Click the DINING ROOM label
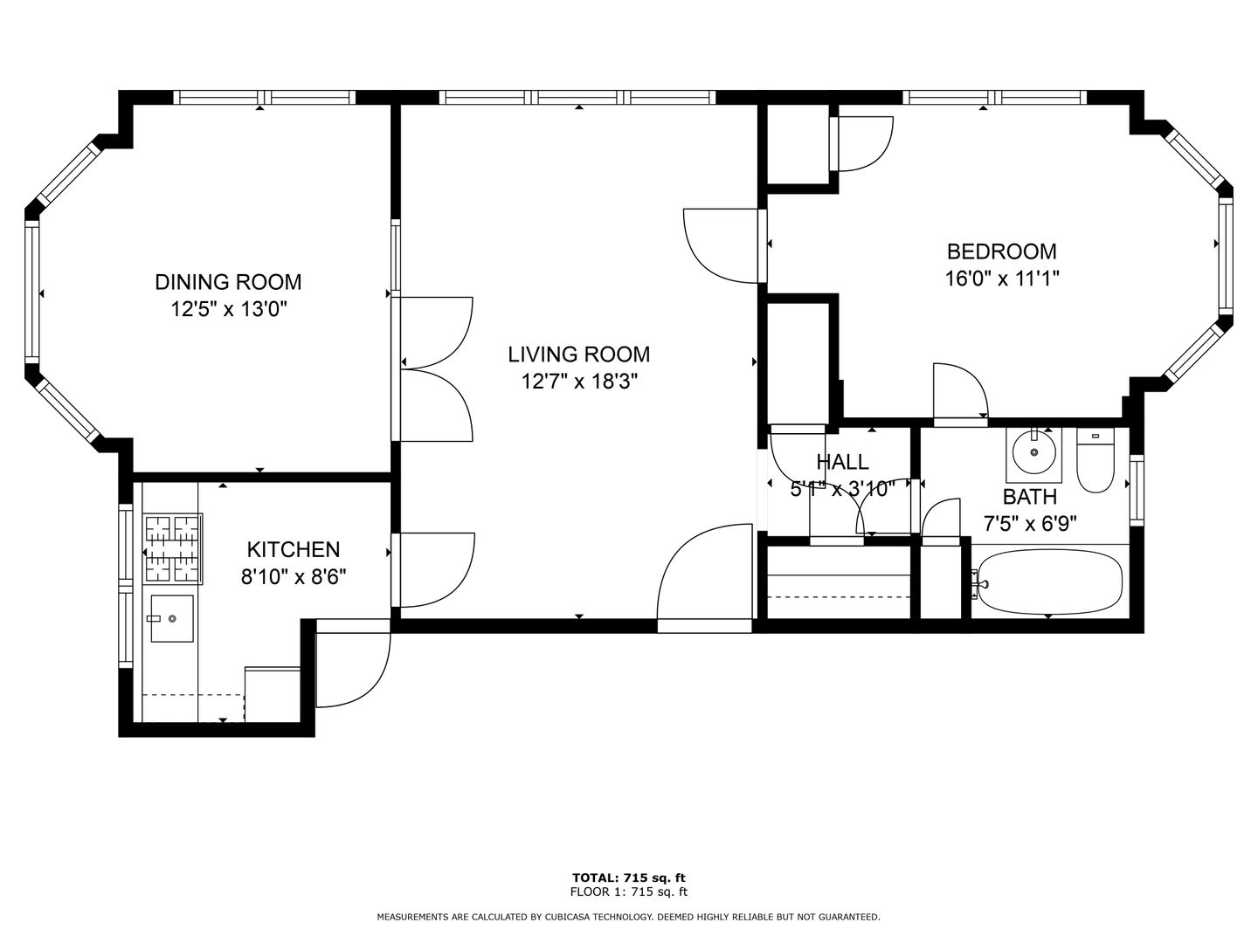point(228,282)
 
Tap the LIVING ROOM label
point(579,354)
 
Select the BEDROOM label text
point(1001,251)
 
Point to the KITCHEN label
point(294,550)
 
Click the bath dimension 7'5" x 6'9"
point(1030,523)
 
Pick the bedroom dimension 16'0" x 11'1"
point(1001,279)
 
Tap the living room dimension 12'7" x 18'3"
point(579,382)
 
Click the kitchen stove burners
point(172,548)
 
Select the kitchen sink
point(171,618)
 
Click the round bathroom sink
point(1033,452)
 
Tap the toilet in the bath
point(1096,460)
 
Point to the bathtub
point(1049,582)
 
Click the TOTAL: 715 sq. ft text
point(629,878)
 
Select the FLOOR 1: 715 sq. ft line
point(629,891)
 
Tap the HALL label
point(842,462)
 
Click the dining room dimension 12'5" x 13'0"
point(228,310)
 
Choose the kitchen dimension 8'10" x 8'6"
point(294,577)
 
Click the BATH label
point(1030,497)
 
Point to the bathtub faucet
point(981,584)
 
